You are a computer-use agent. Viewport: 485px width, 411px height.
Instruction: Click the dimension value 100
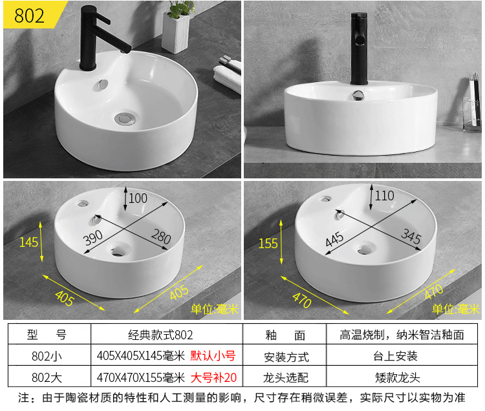138,198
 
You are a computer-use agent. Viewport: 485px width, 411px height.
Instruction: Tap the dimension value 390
94,238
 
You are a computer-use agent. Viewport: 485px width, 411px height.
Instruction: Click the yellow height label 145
29,242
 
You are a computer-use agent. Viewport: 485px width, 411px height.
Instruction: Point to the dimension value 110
384,195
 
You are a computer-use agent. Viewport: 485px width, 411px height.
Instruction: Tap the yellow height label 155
268,244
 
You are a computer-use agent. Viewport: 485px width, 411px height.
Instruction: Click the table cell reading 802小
48,355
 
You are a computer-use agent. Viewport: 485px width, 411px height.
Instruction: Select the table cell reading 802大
48,377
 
